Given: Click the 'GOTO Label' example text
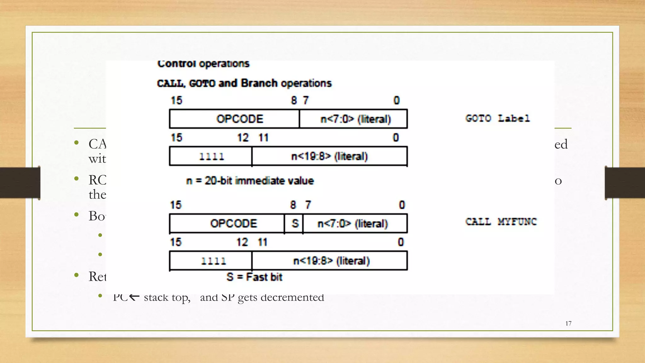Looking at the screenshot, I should click(498, 118).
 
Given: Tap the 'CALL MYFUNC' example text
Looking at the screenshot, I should click(501, 222).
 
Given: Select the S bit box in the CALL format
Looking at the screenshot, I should click(294, 223).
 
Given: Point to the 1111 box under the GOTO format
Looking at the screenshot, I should click(211, 156).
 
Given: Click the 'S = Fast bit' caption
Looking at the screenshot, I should click(254, 277).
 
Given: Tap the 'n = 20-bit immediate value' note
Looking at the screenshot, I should click(250, 181).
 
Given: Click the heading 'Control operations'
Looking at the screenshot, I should click(203, 64).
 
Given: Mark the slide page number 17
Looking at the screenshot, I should click(568, 323).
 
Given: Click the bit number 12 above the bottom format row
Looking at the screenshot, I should click(242, 242).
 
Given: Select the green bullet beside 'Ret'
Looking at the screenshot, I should click(76, 275).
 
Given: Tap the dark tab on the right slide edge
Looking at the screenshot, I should click(625, 183).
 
